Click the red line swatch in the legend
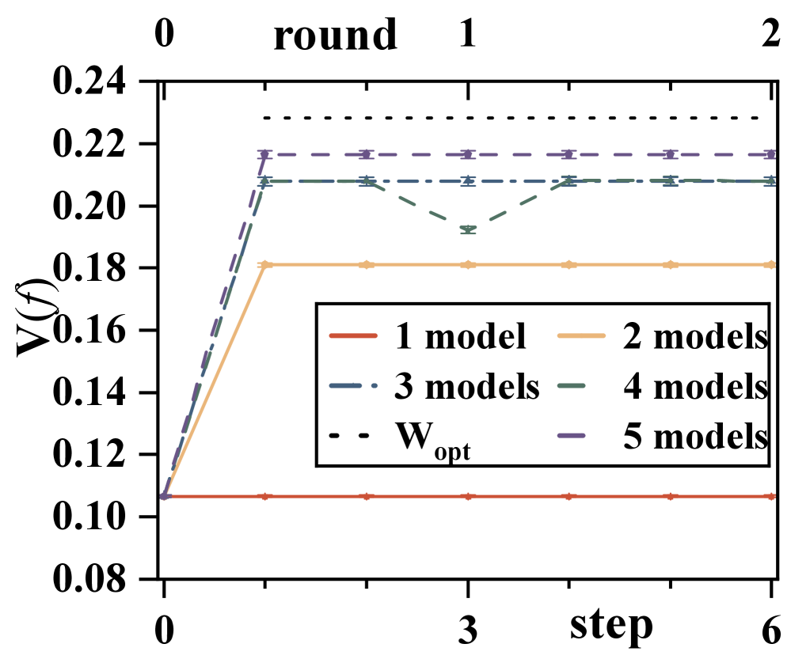click(x=353, y=335)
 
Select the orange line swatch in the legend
click(x=581, y=335)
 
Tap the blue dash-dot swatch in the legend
click(x=353, y=385)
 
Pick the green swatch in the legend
click(x=572, y=385)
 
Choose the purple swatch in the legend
click(x=572, y=435)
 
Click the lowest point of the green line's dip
click(x=468, y=230)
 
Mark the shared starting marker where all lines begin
click(x=165, y=496)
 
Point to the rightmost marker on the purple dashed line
click(x=771, y=154)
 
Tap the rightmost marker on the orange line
click(x=771, y=264)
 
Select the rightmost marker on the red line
click(x=771, y=496)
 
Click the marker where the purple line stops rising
click(x=265, y=154)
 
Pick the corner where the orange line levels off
click(x=265, y=264)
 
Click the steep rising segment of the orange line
click(x=215, y=380)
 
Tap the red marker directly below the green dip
click(x=468, y=496)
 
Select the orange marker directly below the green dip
click(x=468, y=264)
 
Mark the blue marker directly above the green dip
click(x=468, y=182)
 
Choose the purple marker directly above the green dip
click(x=468, y=154)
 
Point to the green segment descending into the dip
click(x=417, y=206)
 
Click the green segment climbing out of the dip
click(x=519, y=206)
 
